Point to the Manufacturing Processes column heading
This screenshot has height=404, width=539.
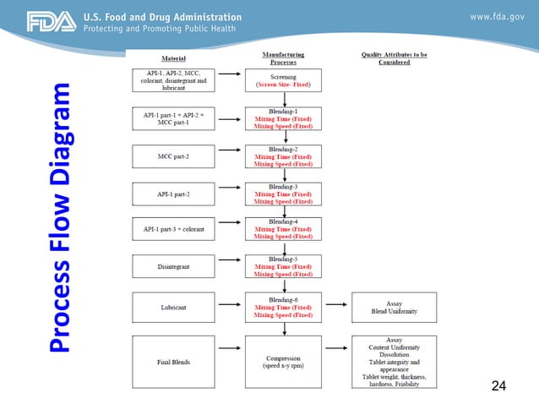tap(283, 58)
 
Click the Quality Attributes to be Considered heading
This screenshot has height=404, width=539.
tap(394, 58)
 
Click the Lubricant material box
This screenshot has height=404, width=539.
tap(174, 308)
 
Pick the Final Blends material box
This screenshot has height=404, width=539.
tap(174, 361)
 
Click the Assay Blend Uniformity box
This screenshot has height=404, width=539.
tap(394, 308)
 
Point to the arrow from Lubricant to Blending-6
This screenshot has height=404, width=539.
tap(229, 308)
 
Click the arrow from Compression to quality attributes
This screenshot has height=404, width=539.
tap(337, 361)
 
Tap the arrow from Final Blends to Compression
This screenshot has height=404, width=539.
tap(229, 361)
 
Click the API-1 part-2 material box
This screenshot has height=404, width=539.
tap(174, 194)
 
